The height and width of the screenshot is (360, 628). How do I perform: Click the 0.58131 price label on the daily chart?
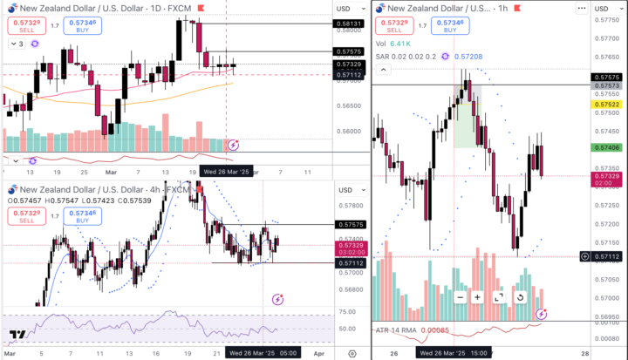click(x=348, y=24)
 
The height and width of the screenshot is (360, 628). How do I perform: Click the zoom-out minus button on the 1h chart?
click(x=460, y=297)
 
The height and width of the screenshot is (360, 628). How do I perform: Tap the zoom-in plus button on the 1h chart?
click(x=478, y=297)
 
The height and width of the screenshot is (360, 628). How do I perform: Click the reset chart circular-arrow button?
click(x=520, y=297)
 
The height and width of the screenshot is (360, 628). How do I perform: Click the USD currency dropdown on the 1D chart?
click(x=344, y=8)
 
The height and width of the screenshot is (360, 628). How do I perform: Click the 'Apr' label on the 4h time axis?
click(x=318, y=353)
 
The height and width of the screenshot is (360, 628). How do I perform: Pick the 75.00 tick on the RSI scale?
click(x=346, y=312)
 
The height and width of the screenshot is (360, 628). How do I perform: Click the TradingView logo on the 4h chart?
click(x=16, y=335)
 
